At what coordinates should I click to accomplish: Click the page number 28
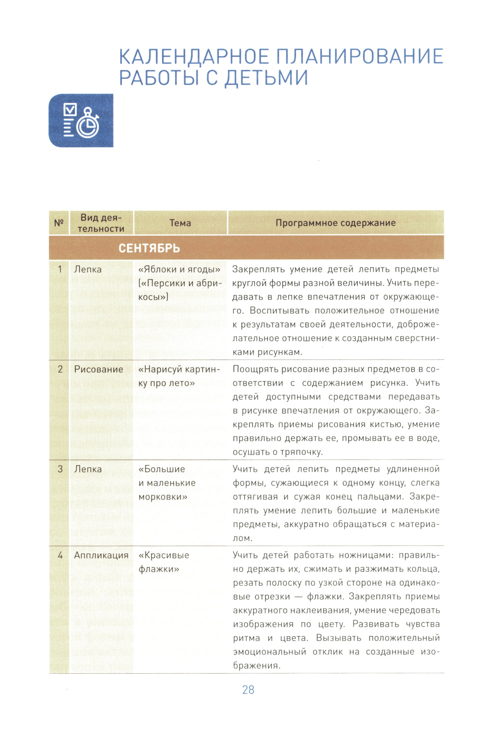point(248,690)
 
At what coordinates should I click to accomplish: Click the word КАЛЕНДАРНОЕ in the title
point(195,56)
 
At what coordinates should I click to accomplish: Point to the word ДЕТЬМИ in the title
point(266,78)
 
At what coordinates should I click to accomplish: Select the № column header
point(59,223)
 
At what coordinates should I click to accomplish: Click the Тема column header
point(180,223)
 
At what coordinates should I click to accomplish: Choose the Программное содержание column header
point(335,223)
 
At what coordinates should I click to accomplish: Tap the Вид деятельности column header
point(101,223)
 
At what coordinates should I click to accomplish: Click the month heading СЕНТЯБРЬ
point(149,248)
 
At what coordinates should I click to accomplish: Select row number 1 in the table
point(60,269)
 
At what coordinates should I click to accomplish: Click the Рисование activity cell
point(99,369)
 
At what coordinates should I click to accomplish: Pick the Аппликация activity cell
point(101,555)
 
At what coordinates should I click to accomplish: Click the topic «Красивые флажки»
point(164,562)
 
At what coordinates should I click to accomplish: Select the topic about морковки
point(167,483)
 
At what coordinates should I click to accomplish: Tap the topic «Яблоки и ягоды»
point(179,269)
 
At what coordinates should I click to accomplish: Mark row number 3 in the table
point(60,469)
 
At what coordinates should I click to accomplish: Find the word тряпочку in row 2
point(302,452)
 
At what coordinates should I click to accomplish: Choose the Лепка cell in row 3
point(88,469)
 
